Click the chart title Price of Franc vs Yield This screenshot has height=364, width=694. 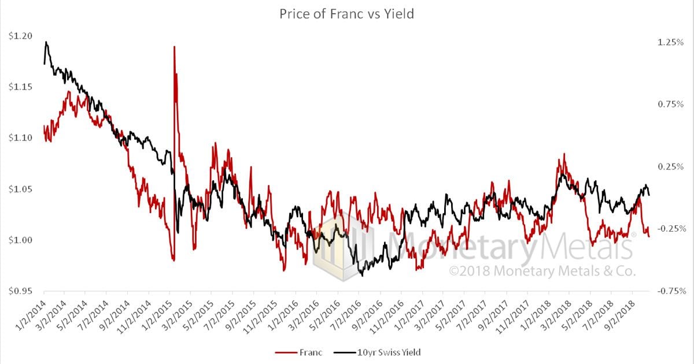pyautogui.click(x=347, y=14)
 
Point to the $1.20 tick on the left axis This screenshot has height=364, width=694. pyautogui.click(x=20, y=36)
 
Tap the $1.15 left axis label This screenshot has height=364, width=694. pyautogui.click(x=20, y=87)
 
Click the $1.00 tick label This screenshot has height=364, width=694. pyautogui.click(x=20, y=240)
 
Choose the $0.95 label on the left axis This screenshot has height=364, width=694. pyautogui.click(x=20, y=291)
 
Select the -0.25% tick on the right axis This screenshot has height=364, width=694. pyautogui.click(x=670, y=228)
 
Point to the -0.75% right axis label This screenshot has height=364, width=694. pyautogui.click(x=670, y=291)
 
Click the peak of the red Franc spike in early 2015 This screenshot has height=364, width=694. pyautogui.click(x=174, y=46)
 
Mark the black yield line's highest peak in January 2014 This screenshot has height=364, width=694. pyautogui.click(x=46, y=42)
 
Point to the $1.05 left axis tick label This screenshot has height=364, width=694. pyautogui.click(x=20, y=189)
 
